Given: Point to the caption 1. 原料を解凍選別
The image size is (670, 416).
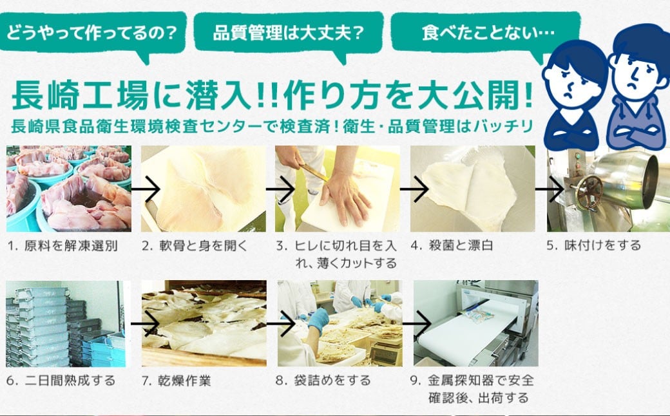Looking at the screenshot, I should (x=62, y=246).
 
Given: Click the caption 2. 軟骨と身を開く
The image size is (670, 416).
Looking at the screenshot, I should (x=194, y=246).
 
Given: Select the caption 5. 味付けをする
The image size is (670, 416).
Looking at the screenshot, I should (x=593, y=246).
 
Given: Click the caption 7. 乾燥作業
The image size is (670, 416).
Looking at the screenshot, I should (x=176, y=381).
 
